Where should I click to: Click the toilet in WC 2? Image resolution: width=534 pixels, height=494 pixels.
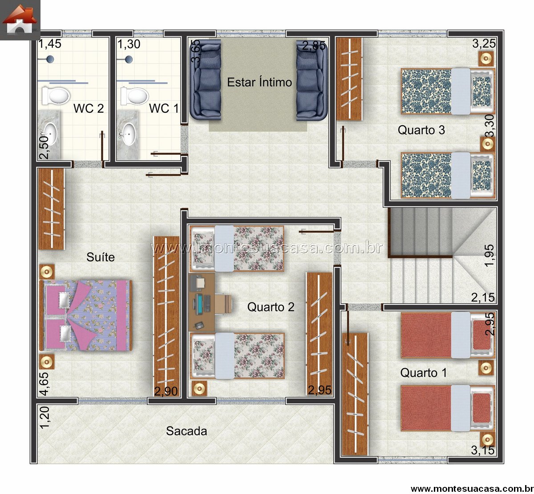click(x=56, y=96)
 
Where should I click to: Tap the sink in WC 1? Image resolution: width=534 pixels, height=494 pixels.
click(x=127, y=134)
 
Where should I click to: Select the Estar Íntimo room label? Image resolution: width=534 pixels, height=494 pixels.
click(x=259, y=82)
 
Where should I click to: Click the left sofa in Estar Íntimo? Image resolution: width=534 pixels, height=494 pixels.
click(x=206, y=80)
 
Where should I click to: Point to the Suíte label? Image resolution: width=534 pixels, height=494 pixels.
click(x=101, y=257)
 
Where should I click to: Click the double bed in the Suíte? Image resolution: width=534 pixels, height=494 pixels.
click(x=86, y=315)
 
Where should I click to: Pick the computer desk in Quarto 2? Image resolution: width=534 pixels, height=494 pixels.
click(x=202, y=302)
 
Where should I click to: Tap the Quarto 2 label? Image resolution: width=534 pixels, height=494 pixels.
click(x=271, y=307)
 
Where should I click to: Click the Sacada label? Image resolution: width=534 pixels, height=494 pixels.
click(x=186, y=431)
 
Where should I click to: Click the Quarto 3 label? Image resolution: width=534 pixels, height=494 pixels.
click(x=421, y=130)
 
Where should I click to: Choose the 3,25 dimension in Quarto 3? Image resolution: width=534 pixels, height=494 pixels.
click(x=484, y=44)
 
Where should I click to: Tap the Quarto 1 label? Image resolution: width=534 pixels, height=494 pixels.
click(x=424, y=373)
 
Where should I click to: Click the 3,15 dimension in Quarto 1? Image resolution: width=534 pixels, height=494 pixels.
click(x=483, y=450)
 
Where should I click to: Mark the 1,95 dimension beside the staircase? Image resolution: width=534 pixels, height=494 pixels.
click(x=489, y=255)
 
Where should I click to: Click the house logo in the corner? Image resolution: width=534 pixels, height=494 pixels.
click(x=20, y=20)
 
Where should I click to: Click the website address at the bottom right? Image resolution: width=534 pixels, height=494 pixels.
click(x=472, y=488)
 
